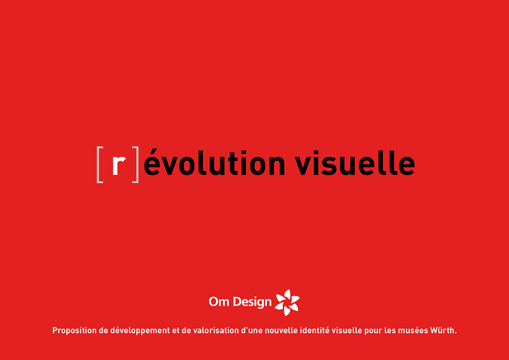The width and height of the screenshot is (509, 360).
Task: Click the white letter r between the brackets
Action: click(119, 165)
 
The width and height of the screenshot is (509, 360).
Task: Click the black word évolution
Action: click(214, 162)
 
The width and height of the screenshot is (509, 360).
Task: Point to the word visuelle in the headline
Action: click(354, 162)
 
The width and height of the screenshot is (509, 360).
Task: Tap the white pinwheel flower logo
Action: click(287, 302)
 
